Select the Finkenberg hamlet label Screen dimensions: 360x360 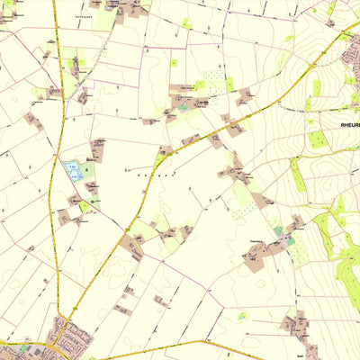261,241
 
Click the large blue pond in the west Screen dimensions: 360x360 70,168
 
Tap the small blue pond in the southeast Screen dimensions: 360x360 241,316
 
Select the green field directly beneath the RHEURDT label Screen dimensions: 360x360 316,139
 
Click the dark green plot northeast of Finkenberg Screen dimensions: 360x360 278,230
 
